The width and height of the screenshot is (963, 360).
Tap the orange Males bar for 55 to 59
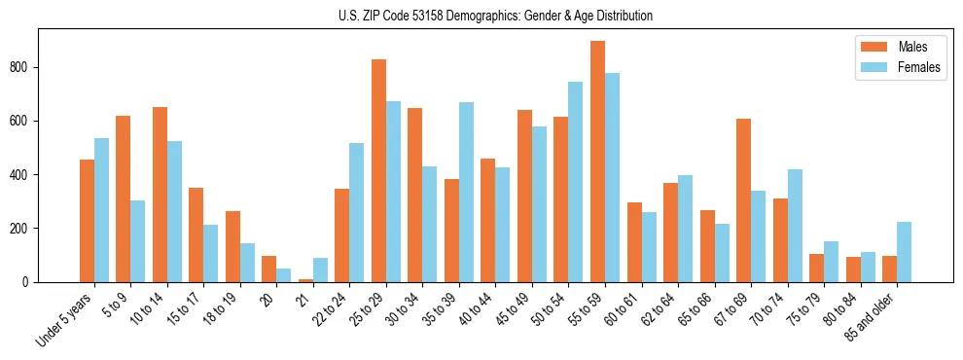click(x=597, y=162)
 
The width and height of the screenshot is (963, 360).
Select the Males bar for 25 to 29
click(x=378, y=170)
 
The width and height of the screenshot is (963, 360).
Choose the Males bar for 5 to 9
click(x=123, y=198)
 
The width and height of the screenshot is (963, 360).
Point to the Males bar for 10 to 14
click(x=160, y=195)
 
